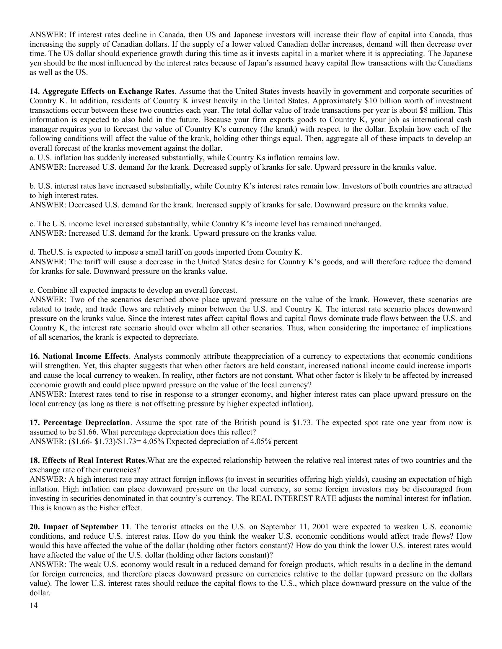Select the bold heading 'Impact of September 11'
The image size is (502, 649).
87,527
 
